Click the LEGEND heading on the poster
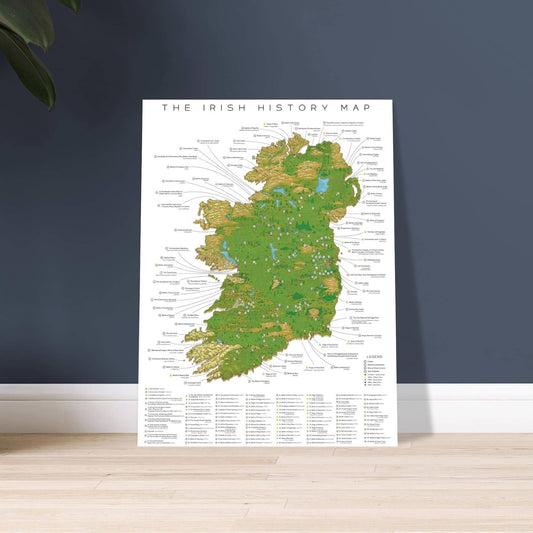372,354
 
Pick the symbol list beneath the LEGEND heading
374,372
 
